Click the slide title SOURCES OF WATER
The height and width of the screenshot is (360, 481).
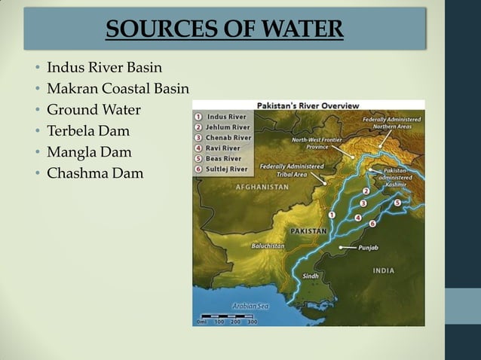point(224,29)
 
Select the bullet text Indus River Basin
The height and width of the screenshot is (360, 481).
point(104,69)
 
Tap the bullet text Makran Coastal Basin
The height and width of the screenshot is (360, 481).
point(118,90)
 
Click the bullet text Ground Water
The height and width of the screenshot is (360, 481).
point(93,111)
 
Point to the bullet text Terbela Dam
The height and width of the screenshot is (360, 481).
point(88,132)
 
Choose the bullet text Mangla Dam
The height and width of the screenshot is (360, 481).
point(88,153)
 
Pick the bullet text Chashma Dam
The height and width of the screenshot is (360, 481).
point(94,174)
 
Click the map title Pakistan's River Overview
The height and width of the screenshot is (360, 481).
point(308,105)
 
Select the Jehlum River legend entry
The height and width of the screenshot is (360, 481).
point(227,127)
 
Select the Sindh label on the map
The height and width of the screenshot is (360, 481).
point(311,276)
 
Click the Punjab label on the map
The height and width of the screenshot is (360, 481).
point(367,246)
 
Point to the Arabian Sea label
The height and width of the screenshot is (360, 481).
point(250,306)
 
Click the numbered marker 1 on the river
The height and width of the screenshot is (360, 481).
point(332,216)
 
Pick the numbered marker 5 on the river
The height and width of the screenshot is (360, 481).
point(397,203)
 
